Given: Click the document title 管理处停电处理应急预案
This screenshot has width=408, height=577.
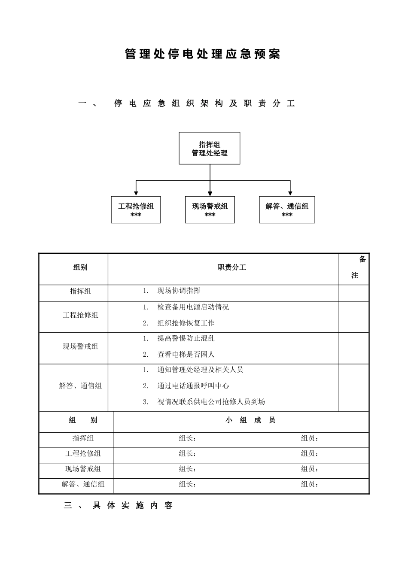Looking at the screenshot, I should pos(203,55).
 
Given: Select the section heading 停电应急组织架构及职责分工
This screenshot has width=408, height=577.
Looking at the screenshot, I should pos(204,103).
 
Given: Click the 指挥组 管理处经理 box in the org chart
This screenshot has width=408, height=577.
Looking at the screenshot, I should pos(210,149).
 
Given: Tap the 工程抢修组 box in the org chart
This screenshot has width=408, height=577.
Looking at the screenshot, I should pos(136,210).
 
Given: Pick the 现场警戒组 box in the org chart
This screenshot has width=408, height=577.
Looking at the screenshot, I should pos(210,210).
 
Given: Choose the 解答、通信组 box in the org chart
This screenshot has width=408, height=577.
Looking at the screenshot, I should pos(287,210).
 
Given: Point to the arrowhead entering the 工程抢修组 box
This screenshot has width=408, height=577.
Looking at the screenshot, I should pos(136,194).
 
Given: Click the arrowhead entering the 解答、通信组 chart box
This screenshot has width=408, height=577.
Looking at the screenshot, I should pos(290,194).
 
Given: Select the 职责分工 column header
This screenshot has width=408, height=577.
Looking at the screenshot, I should pos(232,267).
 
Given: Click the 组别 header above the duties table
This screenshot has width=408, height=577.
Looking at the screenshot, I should pos(80,267).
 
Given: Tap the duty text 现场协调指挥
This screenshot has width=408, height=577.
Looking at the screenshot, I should pos(179,291).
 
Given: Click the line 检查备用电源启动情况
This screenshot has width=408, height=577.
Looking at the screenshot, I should pos(193,307).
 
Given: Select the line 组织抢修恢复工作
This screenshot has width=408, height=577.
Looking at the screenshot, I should pos(186,323).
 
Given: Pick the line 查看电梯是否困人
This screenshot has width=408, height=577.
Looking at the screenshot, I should pos(186,354).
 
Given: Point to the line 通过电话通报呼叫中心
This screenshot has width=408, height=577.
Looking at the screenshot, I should pos(193,386).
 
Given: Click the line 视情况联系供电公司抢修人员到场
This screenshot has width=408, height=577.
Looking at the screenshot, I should pos(211,401).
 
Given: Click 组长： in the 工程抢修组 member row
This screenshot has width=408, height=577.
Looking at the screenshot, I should pos(188,453).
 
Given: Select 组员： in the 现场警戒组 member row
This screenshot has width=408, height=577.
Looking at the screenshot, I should pos(310,469).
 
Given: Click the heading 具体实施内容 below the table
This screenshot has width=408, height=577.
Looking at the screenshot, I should pos(133,506).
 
